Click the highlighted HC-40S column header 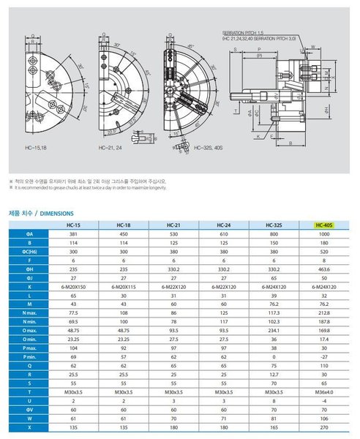pos(323,225)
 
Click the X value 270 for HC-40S pos(323,427)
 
